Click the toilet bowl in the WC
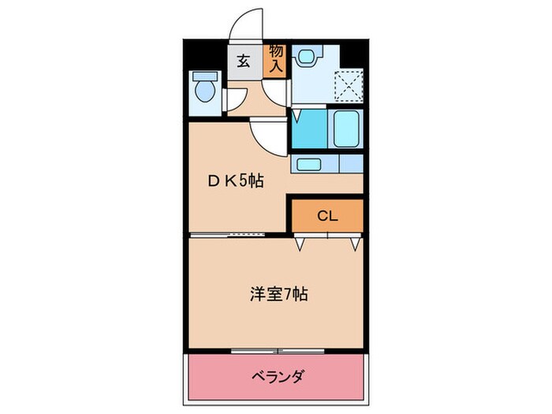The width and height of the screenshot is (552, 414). pyautogui.click(x=205, y=90)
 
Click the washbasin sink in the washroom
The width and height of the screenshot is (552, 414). pyautogui.click(x=308, y=54)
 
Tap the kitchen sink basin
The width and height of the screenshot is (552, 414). pyautogui.click(x=308, y=164)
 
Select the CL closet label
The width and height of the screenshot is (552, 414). pyautogui.click(x=327, y=215)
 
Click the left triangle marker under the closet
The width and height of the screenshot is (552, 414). pyautogui.click(x=300, y=244)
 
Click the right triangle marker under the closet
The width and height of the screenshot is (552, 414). pyautogui.click(x=356, y=244)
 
